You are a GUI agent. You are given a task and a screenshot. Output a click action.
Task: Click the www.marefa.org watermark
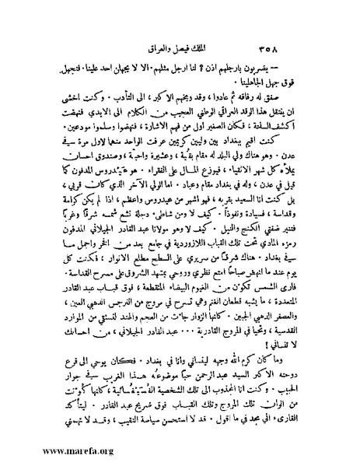pyautogui.click(x=48, y=450)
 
